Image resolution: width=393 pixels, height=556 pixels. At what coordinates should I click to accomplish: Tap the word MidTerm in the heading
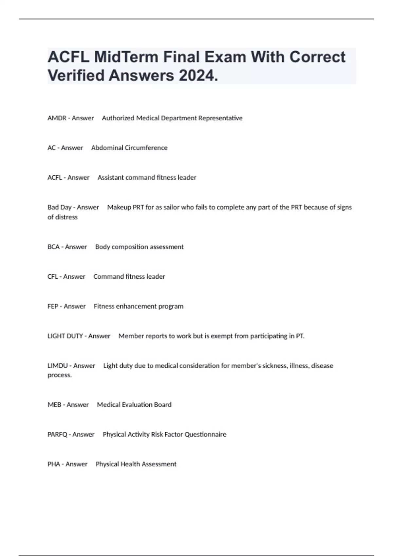point(126,57)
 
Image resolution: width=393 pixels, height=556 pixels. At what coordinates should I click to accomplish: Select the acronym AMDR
point(57,118)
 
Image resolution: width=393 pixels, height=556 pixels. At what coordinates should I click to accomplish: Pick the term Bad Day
point(59,207)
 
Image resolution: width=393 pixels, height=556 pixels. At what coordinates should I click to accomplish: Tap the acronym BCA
point(53,247)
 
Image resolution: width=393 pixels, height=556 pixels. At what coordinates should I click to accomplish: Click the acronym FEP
point(53,306)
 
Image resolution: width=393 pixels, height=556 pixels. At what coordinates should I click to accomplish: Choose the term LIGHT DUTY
point(65,336)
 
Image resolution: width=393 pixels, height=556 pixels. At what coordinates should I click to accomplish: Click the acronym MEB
point(54,405)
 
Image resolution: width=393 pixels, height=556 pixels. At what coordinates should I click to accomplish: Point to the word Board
point(163,405)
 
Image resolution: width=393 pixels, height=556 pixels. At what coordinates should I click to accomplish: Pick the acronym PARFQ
point(57,435)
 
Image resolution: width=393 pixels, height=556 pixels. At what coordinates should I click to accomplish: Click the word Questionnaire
point(205,435)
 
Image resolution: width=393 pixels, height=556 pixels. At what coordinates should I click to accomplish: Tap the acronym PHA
point(54,464)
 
